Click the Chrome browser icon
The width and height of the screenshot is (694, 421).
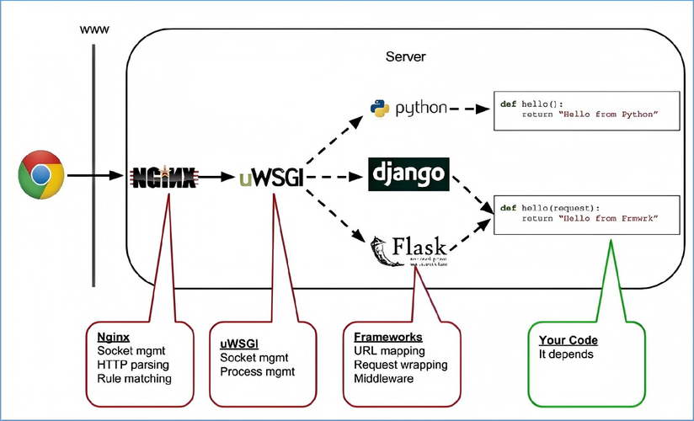[x=41, y=175]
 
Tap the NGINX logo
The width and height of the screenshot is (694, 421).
[x=165, y=177]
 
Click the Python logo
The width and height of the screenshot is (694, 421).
[x=408, y=108]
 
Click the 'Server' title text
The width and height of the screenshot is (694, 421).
[x=406, y=57]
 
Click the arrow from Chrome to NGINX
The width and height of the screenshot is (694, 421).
[x=97, y=176]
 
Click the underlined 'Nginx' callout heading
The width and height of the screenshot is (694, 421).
[x=113, y=337]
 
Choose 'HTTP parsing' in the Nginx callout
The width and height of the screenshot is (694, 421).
[x=133, y=365]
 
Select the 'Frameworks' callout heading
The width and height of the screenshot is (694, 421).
[x=387, y=337]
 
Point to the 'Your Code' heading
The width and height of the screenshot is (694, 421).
[x=568, y=340]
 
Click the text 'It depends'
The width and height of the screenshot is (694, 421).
[x=567, y=354]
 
